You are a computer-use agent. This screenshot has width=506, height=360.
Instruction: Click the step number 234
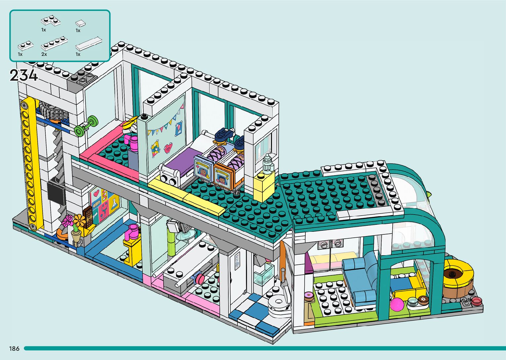23,75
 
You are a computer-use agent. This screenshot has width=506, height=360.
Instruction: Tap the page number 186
14,348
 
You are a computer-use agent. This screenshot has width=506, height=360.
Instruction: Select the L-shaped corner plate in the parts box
51,21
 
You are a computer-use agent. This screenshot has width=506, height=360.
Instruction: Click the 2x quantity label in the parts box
44,54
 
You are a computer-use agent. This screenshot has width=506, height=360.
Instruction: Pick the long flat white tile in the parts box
89,43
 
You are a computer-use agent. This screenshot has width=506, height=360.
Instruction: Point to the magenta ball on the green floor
397,304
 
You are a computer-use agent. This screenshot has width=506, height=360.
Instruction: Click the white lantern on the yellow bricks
268,164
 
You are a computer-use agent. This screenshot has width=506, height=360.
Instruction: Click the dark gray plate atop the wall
82,79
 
